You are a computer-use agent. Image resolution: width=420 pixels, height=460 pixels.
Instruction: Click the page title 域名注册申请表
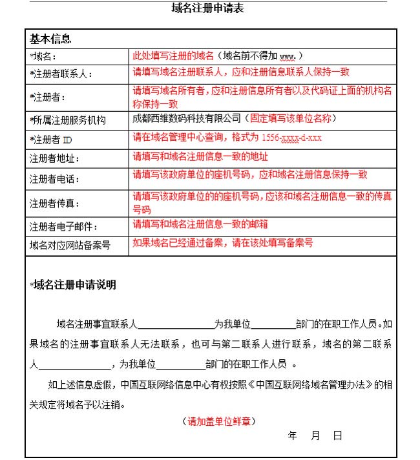click(207, 8)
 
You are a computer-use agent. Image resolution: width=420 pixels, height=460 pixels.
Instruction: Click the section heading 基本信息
click(50, 39)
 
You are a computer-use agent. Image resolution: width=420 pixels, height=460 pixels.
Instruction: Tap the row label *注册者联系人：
click(61, 74)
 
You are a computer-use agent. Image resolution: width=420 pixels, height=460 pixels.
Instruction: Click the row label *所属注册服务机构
click(68, 120)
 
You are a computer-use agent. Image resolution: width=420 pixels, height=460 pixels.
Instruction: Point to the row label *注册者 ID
click(54, 139)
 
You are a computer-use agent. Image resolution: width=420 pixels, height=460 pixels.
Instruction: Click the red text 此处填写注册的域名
click(173, 56)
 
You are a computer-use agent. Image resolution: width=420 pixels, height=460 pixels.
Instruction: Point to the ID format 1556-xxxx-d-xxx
click(291, 138)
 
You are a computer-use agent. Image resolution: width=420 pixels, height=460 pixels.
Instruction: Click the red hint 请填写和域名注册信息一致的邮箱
click(200, 224)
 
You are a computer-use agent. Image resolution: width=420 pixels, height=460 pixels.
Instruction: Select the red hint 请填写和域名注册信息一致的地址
click(200, 156)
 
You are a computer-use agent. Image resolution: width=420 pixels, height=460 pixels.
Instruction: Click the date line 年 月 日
click(315, 436)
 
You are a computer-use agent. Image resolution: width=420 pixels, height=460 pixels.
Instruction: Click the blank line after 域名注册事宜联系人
click(175, 325)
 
